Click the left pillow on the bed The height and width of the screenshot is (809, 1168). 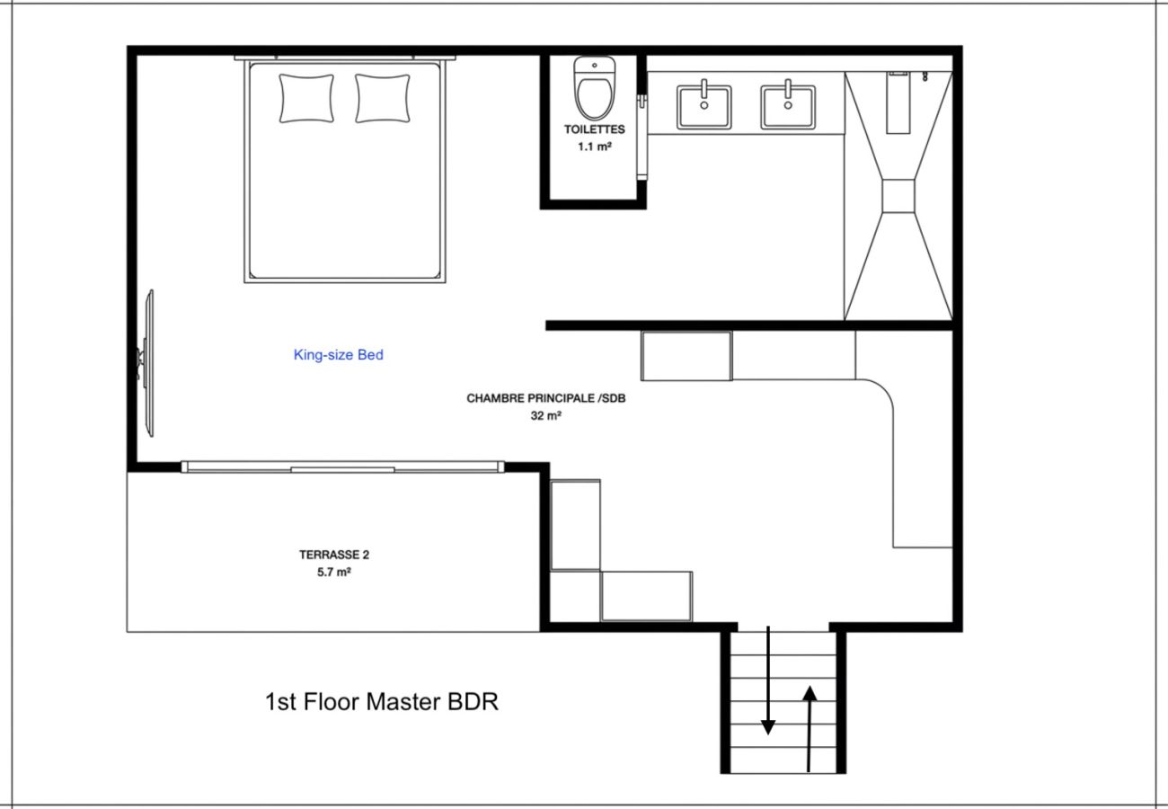pos(306,99)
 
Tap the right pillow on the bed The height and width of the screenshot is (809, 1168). pos(382,99)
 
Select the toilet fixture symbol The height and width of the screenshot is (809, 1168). pos(595,88)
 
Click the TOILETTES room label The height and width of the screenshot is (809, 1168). pos(595,129)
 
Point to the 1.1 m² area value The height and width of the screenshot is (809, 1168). pos(595,147)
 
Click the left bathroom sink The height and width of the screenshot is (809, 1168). pos(703,106)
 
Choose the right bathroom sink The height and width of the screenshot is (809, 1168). pos(788,106)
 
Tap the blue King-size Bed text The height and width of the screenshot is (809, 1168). pos(339,355)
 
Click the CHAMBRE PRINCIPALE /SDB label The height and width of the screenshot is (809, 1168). pos(546,398)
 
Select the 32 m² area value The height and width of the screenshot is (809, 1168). pos(546,415)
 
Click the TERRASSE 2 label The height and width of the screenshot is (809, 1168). pos(334,555)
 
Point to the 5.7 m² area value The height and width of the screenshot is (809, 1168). pos(334,573)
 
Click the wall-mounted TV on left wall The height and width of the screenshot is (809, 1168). pos(147,363)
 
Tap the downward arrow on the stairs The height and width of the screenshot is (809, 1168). pos(768,680)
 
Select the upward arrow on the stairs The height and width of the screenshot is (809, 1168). pos(810,729)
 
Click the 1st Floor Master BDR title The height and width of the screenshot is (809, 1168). pos(382,702)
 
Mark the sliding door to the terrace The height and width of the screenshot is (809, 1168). pos(342,467)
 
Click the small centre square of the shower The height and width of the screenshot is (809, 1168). pos(898,196)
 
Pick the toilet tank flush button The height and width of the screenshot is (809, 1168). pos(595,66)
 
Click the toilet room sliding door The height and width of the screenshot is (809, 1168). pos(642,138)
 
